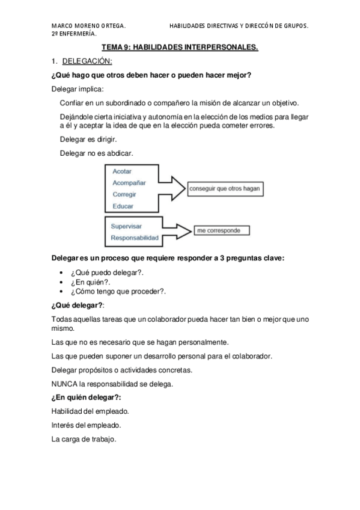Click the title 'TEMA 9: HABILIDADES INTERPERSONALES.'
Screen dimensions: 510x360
(180, 46)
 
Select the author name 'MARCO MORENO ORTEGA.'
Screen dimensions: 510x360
(89, 26)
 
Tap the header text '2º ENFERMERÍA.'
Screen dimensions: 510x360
(75, 34)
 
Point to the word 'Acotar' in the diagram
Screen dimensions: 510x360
(122, 171)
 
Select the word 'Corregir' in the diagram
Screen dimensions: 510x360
(124, 194)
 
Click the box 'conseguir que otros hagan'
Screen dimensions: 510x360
(225, 188)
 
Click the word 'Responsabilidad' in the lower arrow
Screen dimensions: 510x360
(135, 238)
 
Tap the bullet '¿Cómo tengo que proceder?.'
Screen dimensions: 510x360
(118, 291)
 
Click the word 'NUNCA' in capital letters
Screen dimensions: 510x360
(65, 383)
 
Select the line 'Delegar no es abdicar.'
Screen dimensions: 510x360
(96, 153)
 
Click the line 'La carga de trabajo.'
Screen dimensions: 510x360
(84, 438)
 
